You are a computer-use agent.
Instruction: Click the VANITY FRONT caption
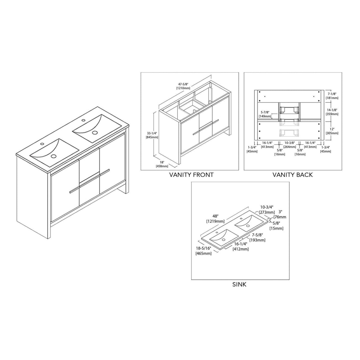pos(191,175)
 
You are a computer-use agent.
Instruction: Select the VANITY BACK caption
pos(293,175)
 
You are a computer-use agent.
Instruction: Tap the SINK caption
pos(239,285)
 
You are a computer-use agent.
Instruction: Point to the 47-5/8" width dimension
pos(183,84)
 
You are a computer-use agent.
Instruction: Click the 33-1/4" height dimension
pos(152,133)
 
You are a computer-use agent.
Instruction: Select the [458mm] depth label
pos(162,166)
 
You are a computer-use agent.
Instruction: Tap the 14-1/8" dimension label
pos(332,110)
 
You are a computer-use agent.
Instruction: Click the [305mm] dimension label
pos(332,133)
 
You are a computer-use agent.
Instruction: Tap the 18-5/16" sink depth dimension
pos(203,249)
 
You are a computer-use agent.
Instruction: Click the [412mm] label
pos(240,249)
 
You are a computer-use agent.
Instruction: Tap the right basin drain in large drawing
pos(95,133)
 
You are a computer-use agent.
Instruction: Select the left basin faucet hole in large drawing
pos(42,144)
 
